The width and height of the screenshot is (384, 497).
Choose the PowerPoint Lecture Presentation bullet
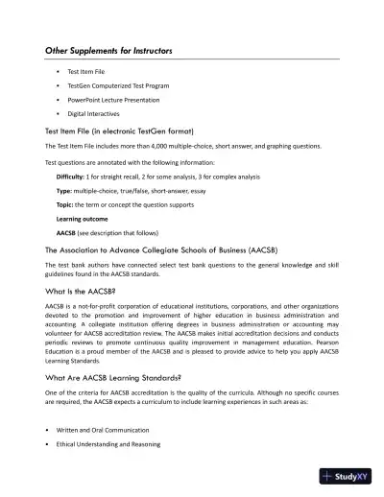point(115,99)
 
